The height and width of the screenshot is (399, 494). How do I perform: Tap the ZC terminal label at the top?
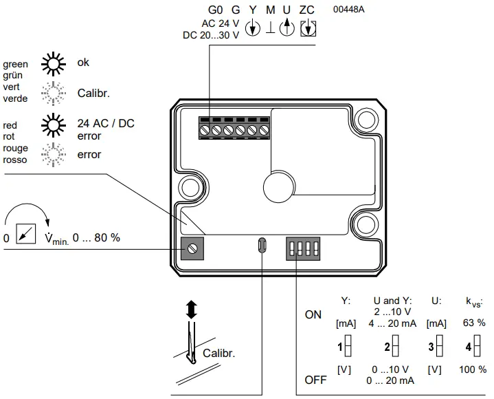point(307,10)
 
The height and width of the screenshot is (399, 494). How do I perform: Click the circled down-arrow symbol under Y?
point(253,29)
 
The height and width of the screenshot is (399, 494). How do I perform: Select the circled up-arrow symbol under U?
point(288,29)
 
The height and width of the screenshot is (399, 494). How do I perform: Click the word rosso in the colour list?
point(15,160)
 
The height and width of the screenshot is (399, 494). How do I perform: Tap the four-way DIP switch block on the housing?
point(303,246)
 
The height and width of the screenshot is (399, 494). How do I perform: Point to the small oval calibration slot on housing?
point(262,246)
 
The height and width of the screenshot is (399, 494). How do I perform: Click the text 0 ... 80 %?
point(96,237)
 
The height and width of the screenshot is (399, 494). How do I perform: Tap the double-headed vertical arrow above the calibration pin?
point(192,309)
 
